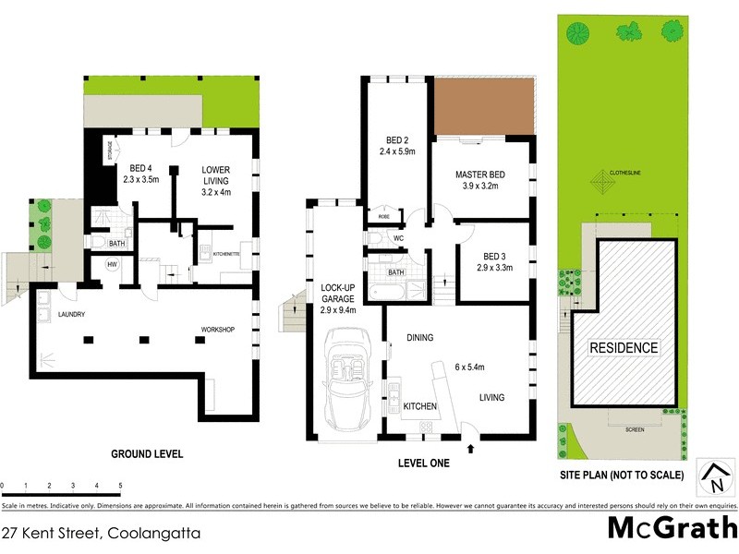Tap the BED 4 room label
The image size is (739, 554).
141,168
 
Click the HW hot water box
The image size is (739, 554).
113,265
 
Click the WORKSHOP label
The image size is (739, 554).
221,330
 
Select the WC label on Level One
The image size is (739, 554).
398,239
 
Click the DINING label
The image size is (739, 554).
420,337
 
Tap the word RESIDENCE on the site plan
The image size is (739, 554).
624,348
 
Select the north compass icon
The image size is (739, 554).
714,477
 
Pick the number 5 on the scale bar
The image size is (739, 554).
120,485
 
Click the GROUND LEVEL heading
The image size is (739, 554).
147,453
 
